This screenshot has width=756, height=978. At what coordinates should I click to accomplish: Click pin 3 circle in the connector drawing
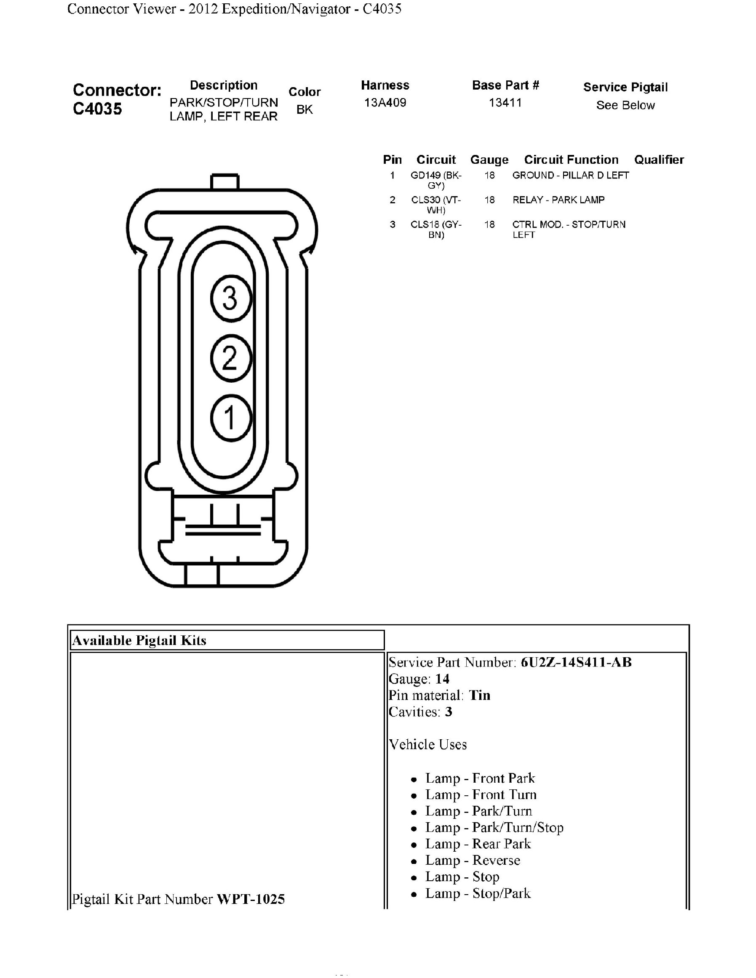[231, 298]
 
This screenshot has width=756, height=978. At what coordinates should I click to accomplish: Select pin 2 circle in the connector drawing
[231, 358]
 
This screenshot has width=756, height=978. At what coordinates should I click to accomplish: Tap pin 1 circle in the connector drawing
[231, 418]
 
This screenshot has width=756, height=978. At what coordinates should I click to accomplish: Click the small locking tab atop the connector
[224, 182]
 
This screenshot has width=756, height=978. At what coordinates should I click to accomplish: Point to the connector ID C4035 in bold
[97, 109]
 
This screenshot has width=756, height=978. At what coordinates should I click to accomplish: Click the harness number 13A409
[385, 103]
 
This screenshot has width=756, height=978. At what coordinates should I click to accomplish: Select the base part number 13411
[505, 103]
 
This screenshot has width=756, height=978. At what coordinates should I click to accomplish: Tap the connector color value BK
[305, 110]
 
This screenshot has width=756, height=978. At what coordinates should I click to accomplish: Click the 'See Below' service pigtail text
[625, 105]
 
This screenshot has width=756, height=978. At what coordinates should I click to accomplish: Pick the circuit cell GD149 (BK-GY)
[436, 180]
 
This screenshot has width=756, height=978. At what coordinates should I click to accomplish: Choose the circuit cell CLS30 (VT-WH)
[436, 205]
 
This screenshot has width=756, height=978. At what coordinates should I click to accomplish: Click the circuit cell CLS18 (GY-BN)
[436, 229]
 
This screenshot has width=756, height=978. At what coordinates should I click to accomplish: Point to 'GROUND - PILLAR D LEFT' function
[571, 176]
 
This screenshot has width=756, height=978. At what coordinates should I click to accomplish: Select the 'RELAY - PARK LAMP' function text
[558, 200]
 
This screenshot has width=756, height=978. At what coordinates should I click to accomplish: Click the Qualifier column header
[659, 160]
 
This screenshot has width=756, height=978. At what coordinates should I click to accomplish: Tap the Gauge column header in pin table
[489, 160]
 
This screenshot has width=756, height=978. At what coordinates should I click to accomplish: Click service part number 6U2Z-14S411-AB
[576, 662]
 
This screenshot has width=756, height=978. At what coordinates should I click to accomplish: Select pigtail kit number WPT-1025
[250, 899]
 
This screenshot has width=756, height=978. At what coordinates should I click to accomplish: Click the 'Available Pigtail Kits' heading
[139, 640]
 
